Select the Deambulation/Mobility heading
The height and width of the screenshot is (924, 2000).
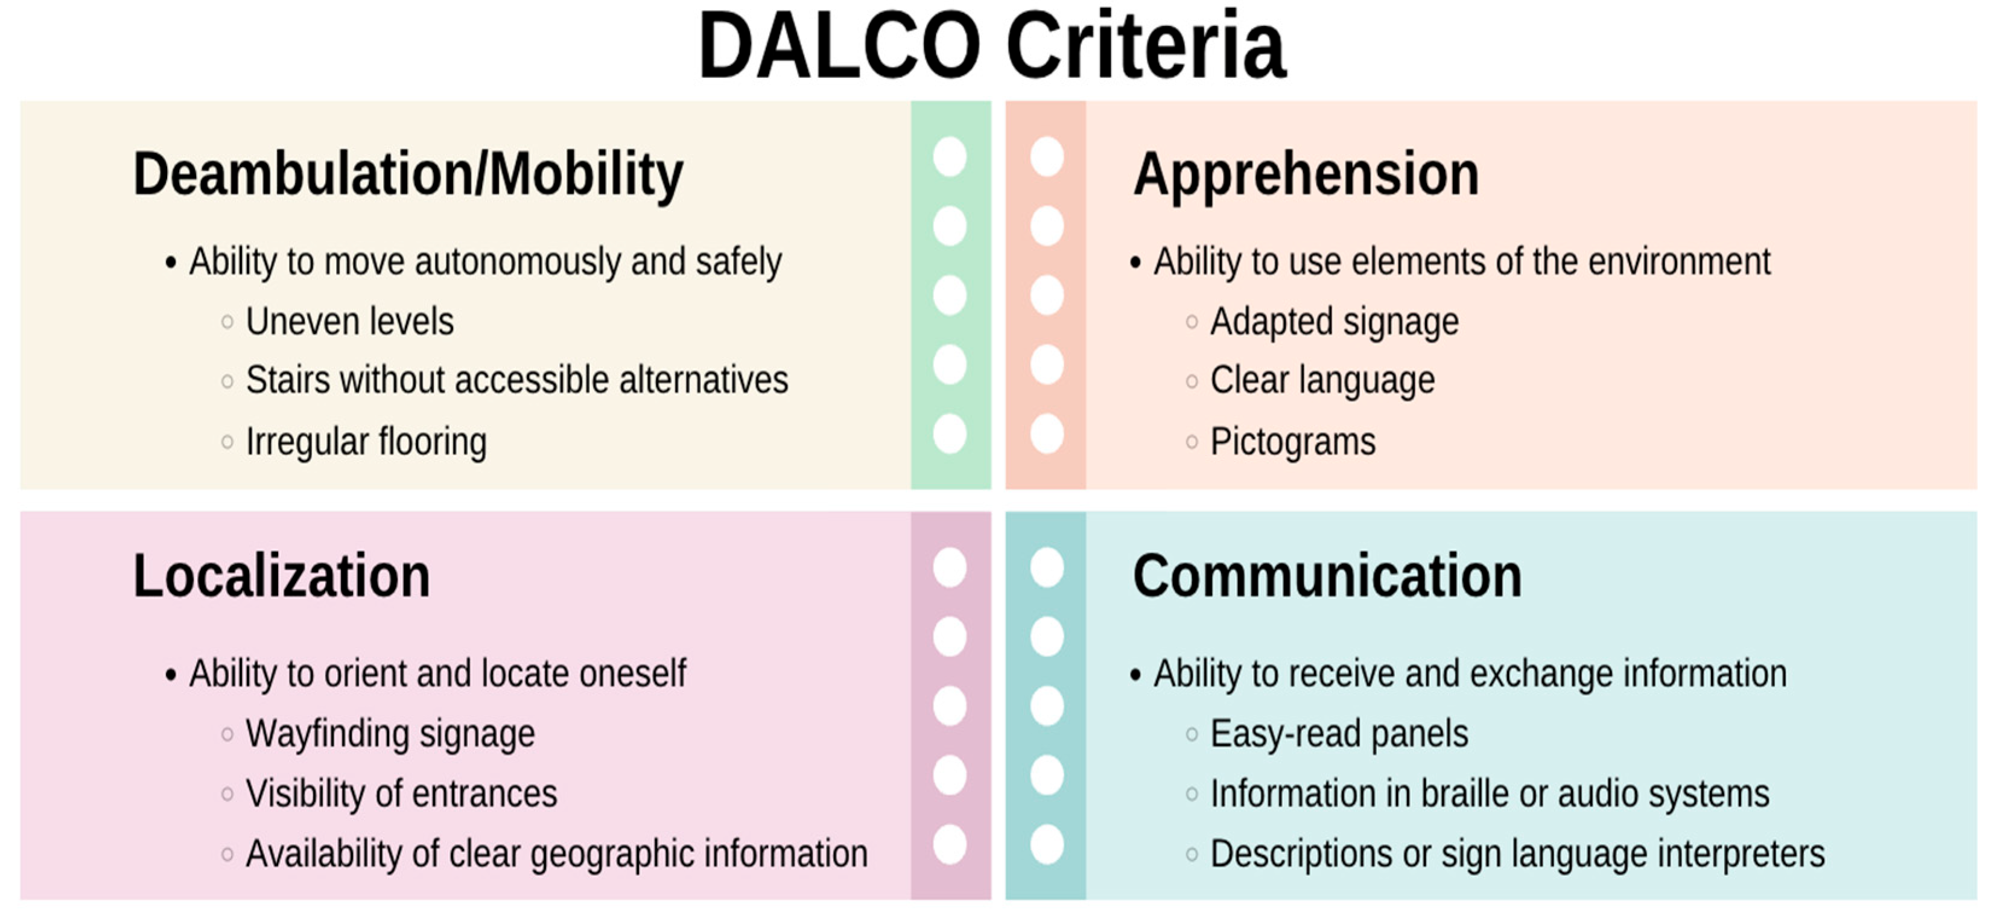coord(408,174)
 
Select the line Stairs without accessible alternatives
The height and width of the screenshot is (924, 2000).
coord(517,380)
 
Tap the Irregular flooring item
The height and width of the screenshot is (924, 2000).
coord(366,442)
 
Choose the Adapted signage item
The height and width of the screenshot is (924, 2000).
coord(1335,322)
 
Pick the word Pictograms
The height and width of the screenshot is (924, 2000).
coord(1294,442)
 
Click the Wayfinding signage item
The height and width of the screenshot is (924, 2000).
coord(390,734)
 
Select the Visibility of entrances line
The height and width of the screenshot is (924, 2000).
coord(401,794)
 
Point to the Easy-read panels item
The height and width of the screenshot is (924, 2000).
coord(1339,734)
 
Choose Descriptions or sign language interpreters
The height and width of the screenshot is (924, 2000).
coord(1518,854)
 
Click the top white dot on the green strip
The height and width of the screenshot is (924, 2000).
coord(950,157)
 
